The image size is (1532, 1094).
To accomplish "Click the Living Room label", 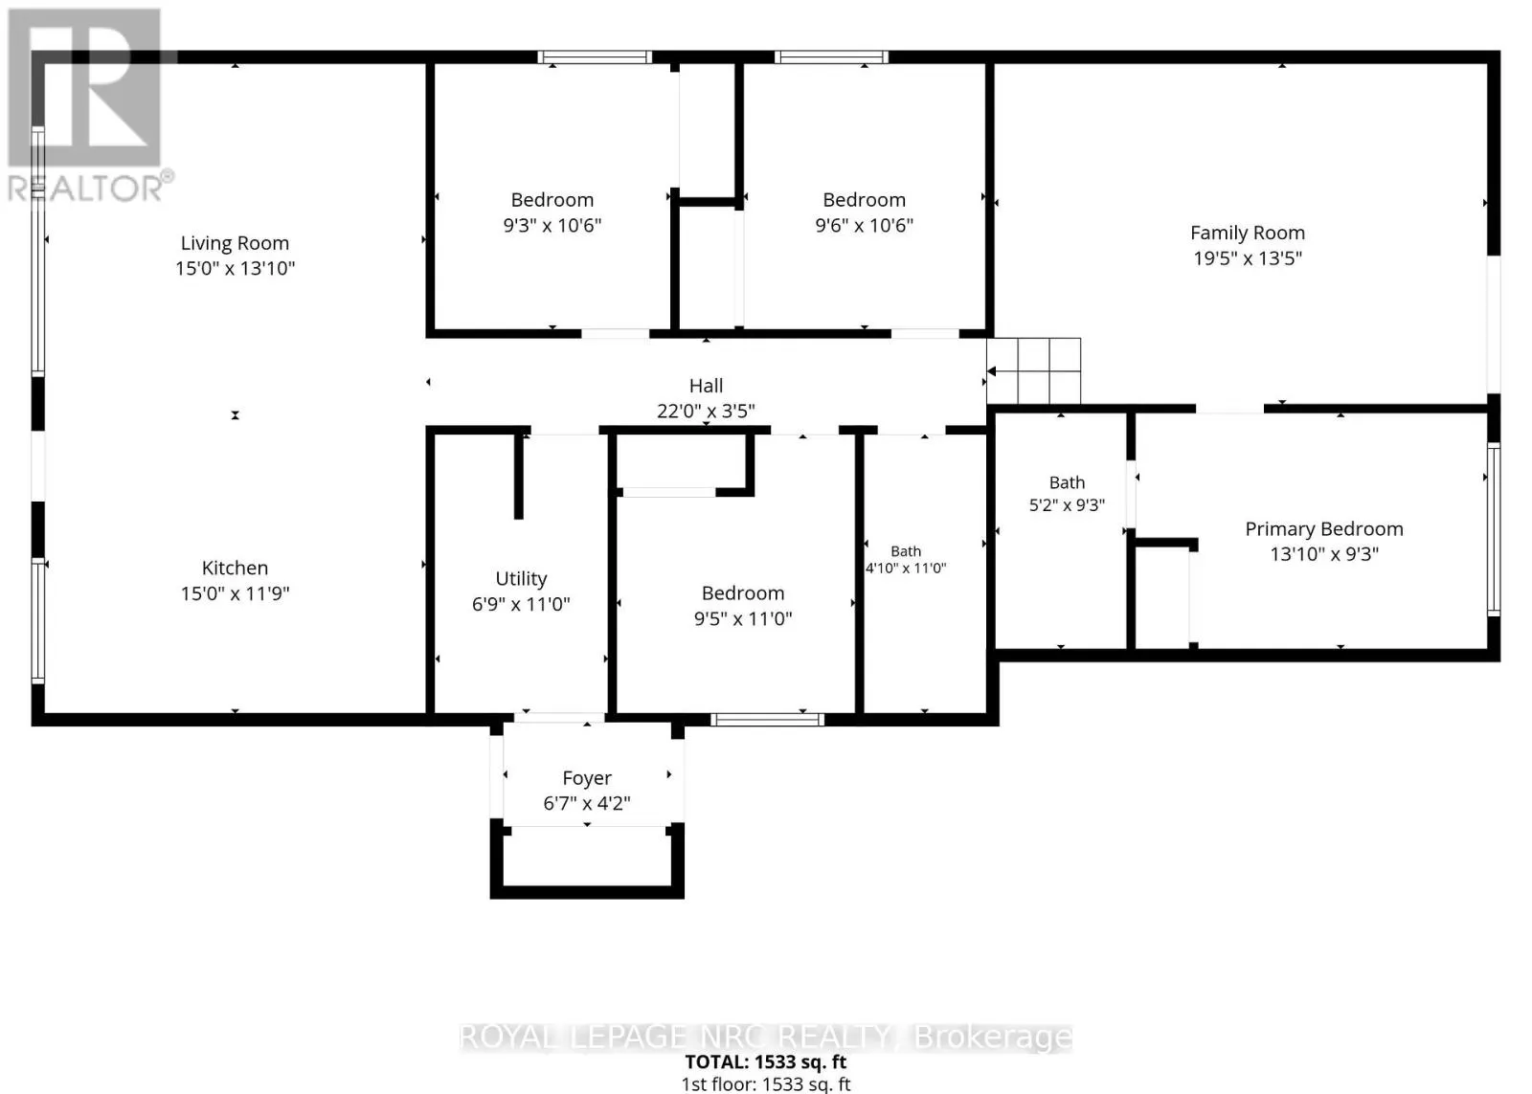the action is pyautogui.click(x=235, y=243).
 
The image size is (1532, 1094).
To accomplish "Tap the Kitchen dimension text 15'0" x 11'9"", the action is pyautogui.click(x=235, y=592).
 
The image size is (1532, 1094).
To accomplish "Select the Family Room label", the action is pyautogui.click(x=1248, y=234).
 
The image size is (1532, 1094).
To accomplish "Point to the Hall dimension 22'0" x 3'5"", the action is pyautogui.click(x=706, y=411).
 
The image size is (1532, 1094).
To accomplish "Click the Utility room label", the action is pyautogui.click(x=521, y=579).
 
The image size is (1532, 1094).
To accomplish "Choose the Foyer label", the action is pyautogui.click(x=587, y=778).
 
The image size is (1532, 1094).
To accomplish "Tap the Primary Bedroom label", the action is pyautogui.click(x=1324, y=529).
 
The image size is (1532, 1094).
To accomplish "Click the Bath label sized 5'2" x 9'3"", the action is pyautogui.click(x=1067, y=482).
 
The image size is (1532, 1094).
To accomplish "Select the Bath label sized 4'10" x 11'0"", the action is pyautogui.click(x=906, y=551).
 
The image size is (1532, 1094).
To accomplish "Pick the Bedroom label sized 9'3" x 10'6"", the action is pyautogui.click(x=552, y=200).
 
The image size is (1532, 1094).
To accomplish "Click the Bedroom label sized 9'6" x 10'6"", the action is pyautogui.click(x=864, y=200).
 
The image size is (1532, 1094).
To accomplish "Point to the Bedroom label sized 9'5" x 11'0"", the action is pyautogui.click(x=743, y=592).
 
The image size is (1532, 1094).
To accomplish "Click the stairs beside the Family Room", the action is pyautogui.click(x=1033, y=371).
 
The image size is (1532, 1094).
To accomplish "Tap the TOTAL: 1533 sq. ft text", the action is pyautogui.click(x=766, y=1061).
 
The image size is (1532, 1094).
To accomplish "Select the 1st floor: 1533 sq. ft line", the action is pyautogui.click(x=766, y=1083).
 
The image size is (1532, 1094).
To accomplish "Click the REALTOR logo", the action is pyautogui.click(x=89, y=106).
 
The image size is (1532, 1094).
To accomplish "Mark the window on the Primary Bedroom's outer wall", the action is pyautogui.click(x=1494, y=529).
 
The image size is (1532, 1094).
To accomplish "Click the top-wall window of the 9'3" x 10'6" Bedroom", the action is pyautogui.click(x=595, y=57).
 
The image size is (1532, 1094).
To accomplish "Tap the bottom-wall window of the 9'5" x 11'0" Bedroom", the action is pyautogui.click(x=767, y=720).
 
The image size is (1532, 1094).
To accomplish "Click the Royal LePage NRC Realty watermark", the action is pyautogui.click(x=766, y=1038).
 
